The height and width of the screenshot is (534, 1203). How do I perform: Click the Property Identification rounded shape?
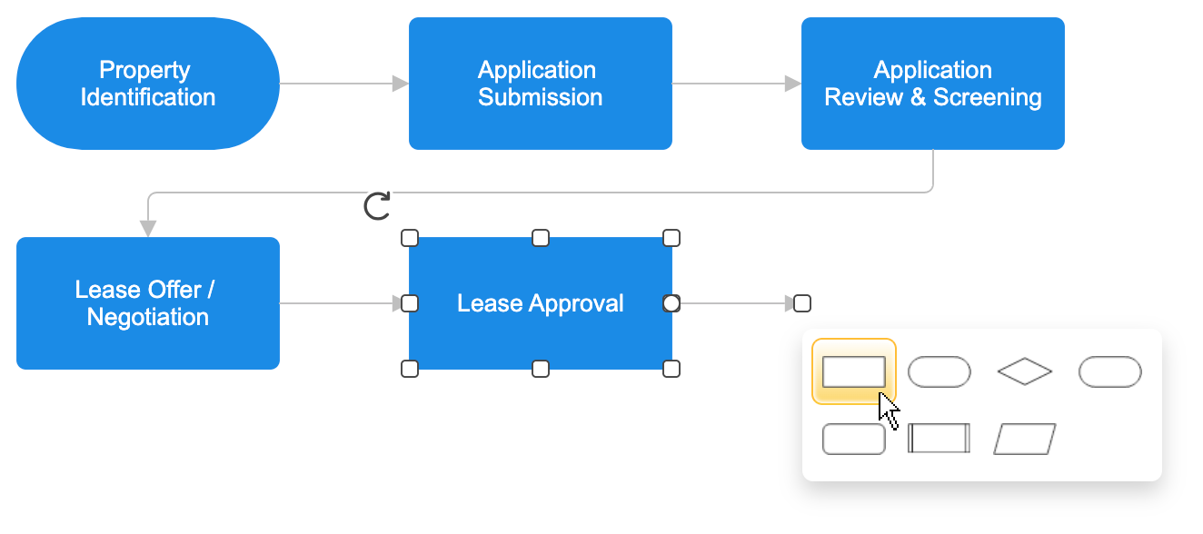[147, 84]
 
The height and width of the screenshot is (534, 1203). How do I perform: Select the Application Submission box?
[540, 84]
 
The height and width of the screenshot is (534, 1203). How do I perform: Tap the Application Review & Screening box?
[932, 84]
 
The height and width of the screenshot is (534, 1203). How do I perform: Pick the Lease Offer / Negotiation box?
[147, 303]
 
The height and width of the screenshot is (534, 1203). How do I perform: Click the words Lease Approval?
[540, 303]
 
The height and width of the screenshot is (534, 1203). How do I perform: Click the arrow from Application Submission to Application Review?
[736, 84]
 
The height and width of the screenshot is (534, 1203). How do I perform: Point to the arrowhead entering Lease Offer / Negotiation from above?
[148, 228]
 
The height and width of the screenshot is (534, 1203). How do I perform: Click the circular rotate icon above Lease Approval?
[377, 206]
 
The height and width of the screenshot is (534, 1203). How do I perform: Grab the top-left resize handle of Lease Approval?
[410, 238]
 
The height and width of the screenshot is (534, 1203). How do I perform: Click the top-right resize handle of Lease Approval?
[671, 238]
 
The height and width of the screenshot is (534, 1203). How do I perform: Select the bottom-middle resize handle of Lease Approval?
[541, 369]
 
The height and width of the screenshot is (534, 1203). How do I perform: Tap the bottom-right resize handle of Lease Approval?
[671, 369]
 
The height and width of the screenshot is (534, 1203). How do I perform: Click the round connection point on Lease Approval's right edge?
[671, 303]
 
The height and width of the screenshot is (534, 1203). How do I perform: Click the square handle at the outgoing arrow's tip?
[802, 303]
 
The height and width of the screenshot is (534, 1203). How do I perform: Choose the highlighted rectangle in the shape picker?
[853, 371]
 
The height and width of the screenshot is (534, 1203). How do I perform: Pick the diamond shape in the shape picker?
[1024, 371]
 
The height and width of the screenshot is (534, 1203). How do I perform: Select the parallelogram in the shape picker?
[1024, 439]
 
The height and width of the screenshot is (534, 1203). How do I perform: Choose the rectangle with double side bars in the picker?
[939, 439]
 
